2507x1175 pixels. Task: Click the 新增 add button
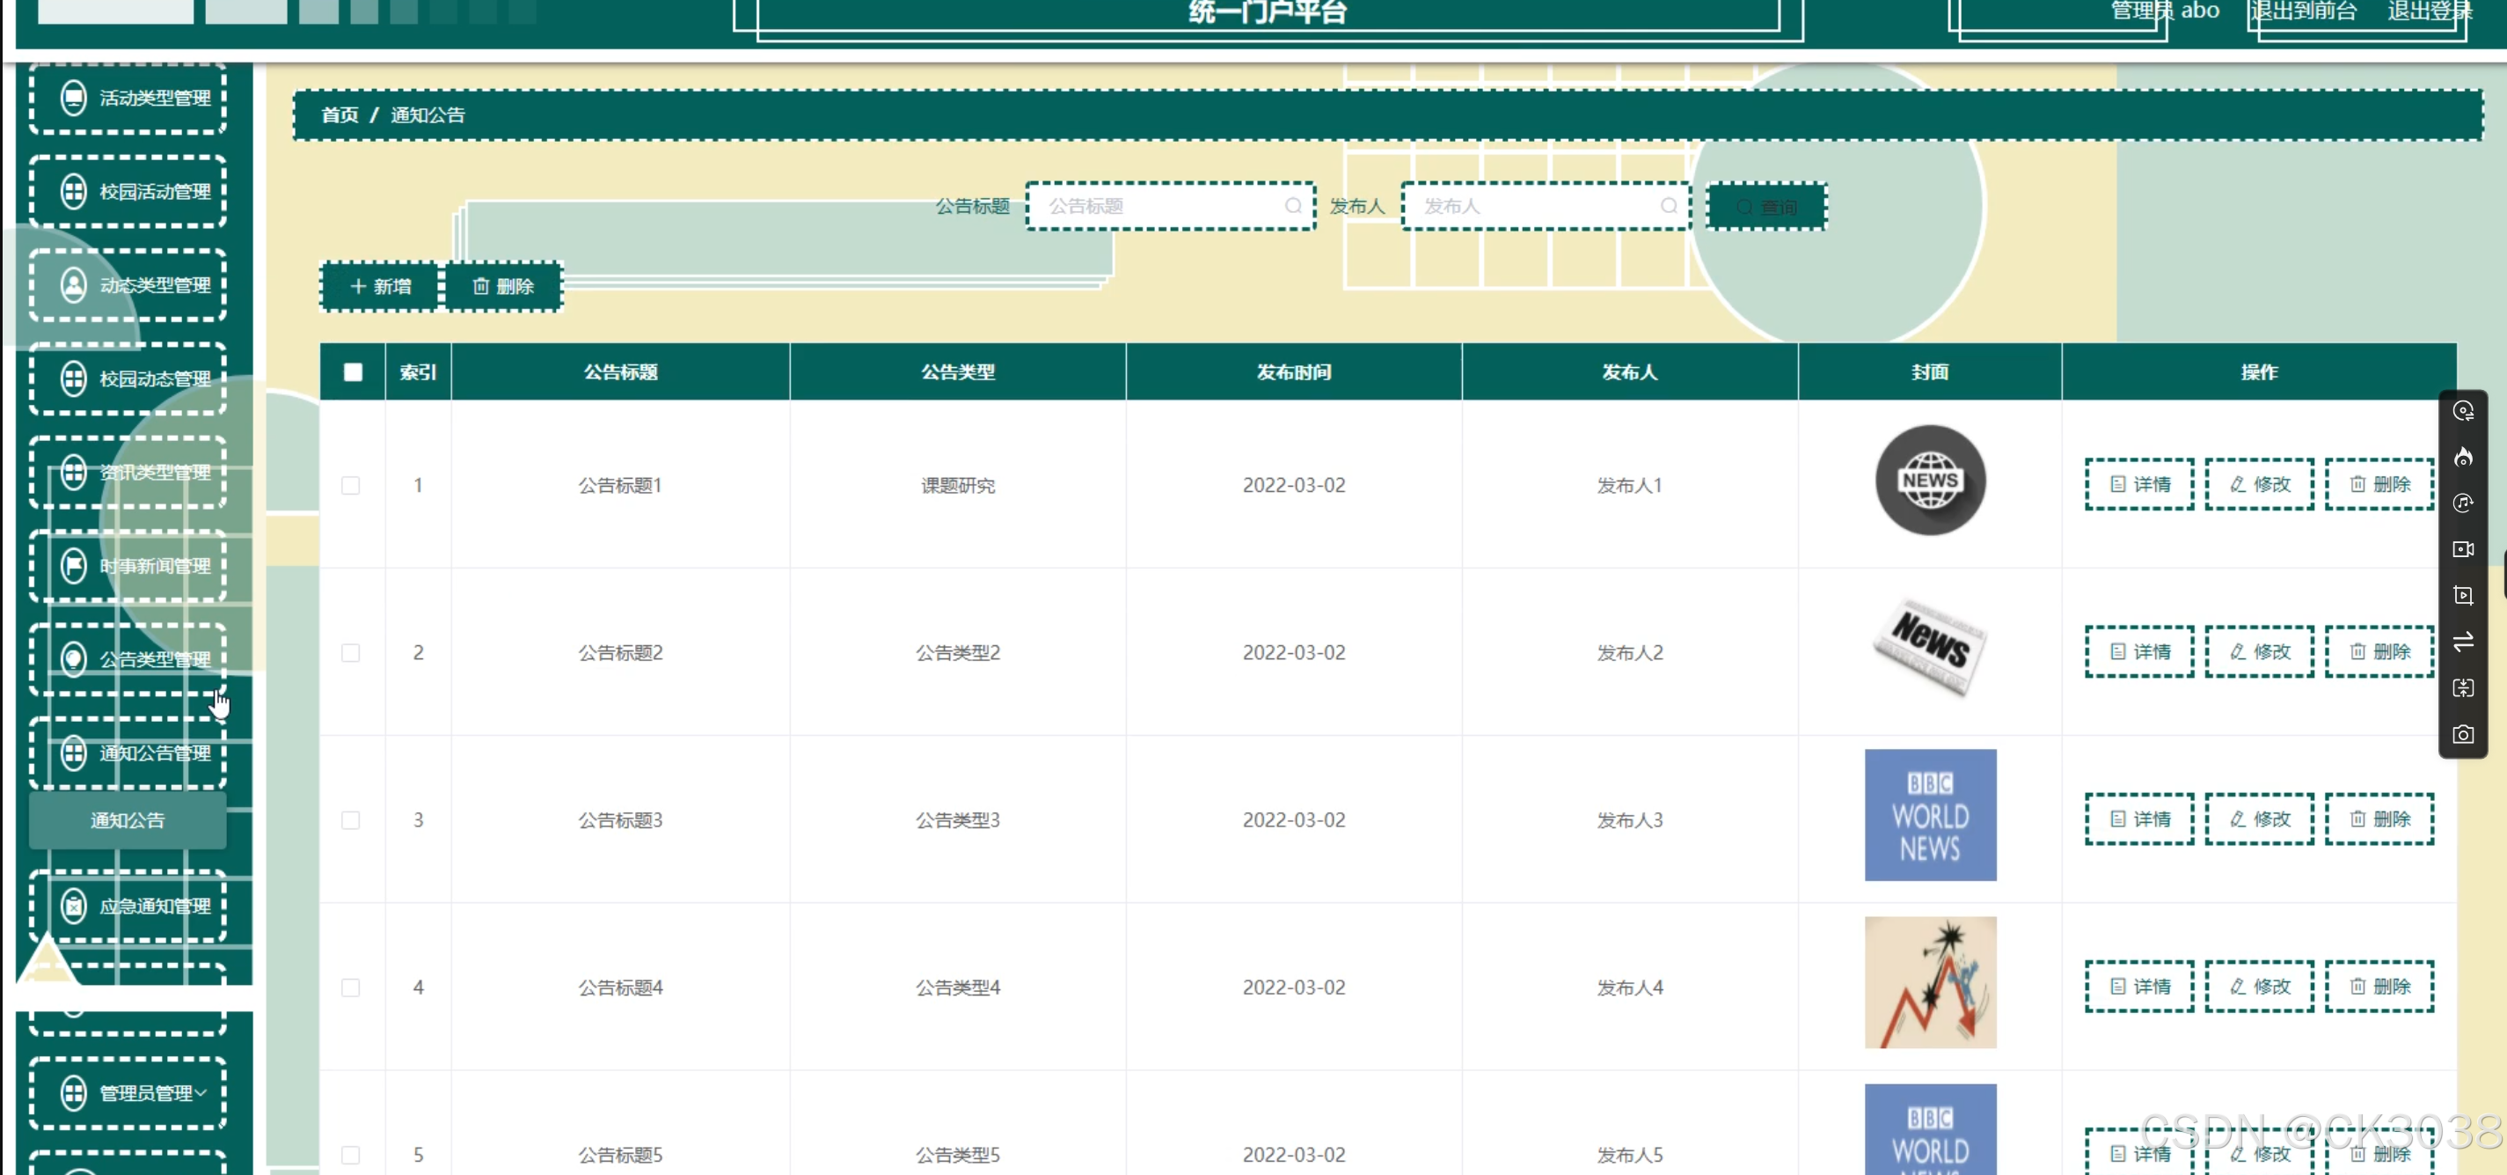pos(381,286)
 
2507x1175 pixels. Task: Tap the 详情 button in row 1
pos(2139,485)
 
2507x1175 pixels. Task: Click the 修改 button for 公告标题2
pos(2259,652)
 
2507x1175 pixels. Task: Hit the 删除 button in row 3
pos(2379,819)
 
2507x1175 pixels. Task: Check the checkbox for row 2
pos(351,652)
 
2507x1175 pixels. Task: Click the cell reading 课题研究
pos(958,485)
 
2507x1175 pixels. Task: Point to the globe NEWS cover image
pos(1930,481)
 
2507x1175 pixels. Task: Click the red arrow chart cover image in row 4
pos(1930,982)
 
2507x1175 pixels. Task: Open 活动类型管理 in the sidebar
pos(128,99)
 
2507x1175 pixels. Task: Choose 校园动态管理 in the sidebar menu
pos(128,378)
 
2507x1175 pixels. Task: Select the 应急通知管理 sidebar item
pos(128,907)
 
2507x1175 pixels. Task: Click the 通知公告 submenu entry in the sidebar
pos(128,820)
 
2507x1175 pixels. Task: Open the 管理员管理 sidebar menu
pos(128,1093)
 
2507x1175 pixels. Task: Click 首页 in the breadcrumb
pos(340,115)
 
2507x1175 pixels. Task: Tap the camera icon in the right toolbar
pos(2463,735)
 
